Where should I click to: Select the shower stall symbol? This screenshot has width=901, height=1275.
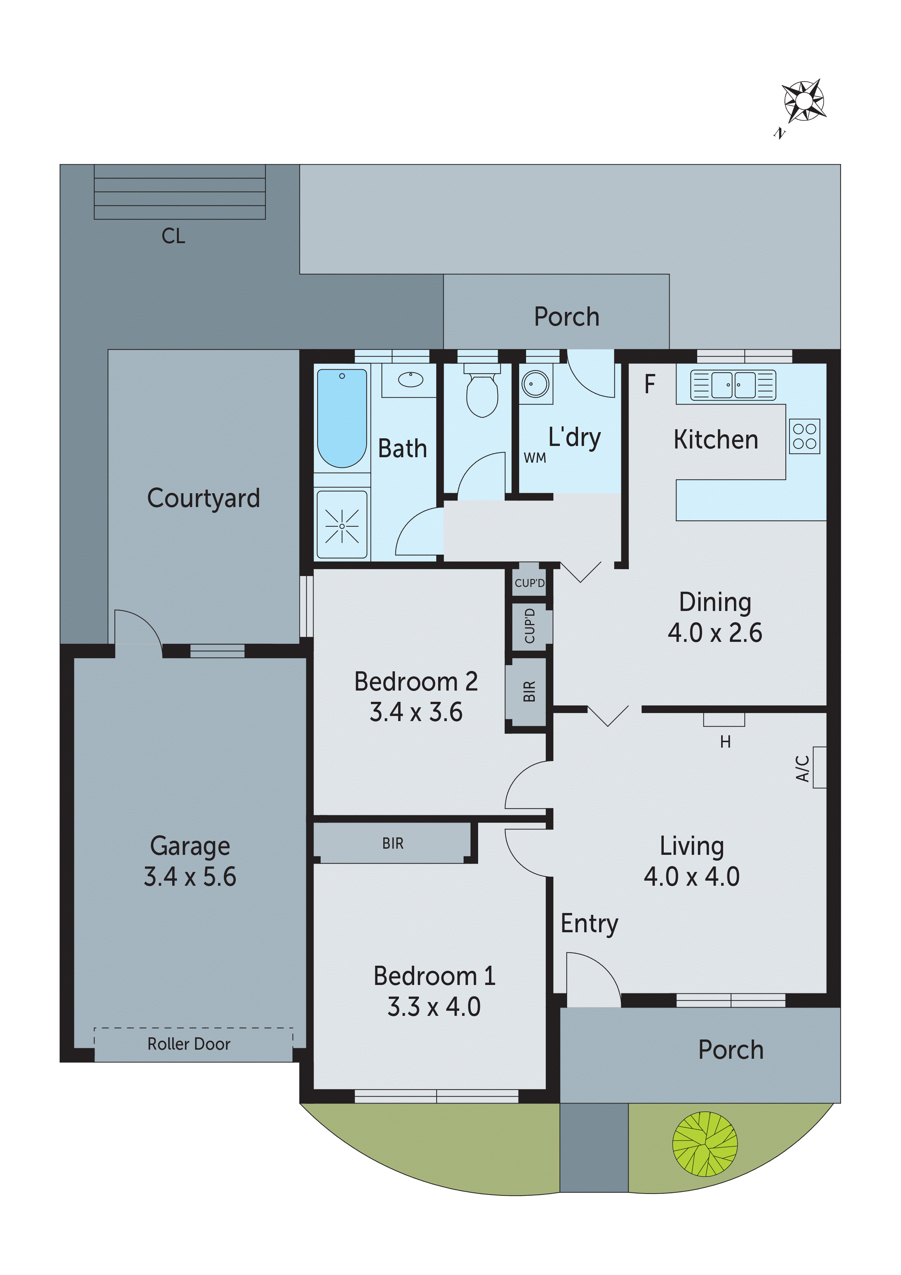[342, 525]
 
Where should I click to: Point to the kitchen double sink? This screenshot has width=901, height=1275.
[733, 385]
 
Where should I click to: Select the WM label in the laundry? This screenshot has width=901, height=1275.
[534, 458]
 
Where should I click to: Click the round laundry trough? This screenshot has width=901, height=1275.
[535, 384]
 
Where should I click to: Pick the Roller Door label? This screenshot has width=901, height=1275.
[189, 1044]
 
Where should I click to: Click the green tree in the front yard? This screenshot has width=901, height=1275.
[704, 1144]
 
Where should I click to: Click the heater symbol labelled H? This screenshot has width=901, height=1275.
[724, 721]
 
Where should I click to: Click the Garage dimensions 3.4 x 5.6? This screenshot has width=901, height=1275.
[190, 876]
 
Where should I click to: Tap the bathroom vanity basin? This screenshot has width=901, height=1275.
[410, 380]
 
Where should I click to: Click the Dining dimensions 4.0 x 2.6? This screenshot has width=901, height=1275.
[715, 632]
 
